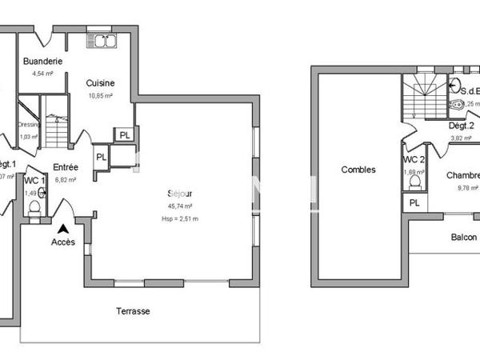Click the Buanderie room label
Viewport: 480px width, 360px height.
pyautogui.click(x=43, y=62)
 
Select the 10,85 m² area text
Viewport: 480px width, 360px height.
pyautogui.click(x=100, y=96)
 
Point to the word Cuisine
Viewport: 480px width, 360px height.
pyautogui.click(x=100, y=82)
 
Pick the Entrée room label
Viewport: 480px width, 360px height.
pyautogui.click(x=66, y=167)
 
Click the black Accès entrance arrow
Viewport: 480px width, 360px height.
pyautogui.click(x=63, y=228)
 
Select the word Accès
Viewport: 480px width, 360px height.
pyautogui.click(x=63, y=242)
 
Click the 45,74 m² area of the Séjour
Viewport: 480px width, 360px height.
pyautogui.click(x=168, y=206)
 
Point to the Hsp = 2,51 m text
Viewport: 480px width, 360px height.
pyautogui.click(x=179, y=218)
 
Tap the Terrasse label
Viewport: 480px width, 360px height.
pyautogui.click(x=133, y=311)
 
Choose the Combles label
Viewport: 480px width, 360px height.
pyautogui.click(x=358, y=170)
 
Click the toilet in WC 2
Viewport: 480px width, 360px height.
pyautogui.click(x=414, y=182)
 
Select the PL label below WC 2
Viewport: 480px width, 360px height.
pyautogui.click(x=414, y=203)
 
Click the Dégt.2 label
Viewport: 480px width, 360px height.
pyautogui.click(x=461, y=126)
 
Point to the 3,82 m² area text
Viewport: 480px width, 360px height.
pyautogui.click(x=460, y=138)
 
